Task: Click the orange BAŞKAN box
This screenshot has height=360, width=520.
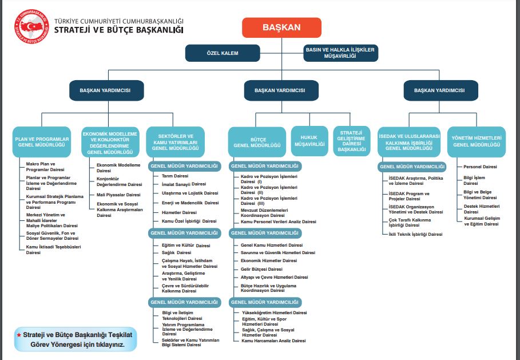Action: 273,27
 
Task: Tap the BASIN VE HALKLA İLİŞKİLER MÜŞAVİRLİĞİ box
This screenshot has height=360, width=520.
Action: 340,53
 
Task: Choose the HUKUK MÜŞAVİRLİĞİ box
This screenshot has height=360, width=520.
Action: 309,141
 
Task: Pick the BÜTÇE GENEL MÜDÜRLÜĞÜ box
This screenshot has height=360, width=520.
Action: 257,142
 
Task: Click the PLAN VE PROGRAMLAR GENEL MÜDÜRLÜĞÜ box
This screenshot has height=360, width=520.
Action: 41,142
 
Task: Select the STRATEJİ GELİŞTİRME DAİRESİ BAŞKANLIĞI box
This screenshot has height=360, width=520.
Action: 351,141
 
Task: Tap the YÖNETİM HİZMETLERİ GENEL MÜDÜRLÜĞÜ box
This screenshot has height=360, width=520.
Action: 477,142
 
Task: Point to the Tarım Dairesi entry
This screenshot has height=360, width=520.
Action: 175,176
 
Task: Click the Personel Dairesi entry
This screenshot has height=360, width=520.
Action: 480,167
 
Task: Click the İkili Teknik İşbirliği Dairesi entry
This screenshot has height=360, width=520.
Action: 415,234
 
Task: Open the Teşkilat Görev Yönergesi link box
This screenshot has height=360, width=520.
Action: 76,340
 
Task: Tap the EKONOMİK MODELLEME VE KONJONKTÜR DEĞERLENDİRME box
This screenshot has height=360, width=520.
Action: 110,142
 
